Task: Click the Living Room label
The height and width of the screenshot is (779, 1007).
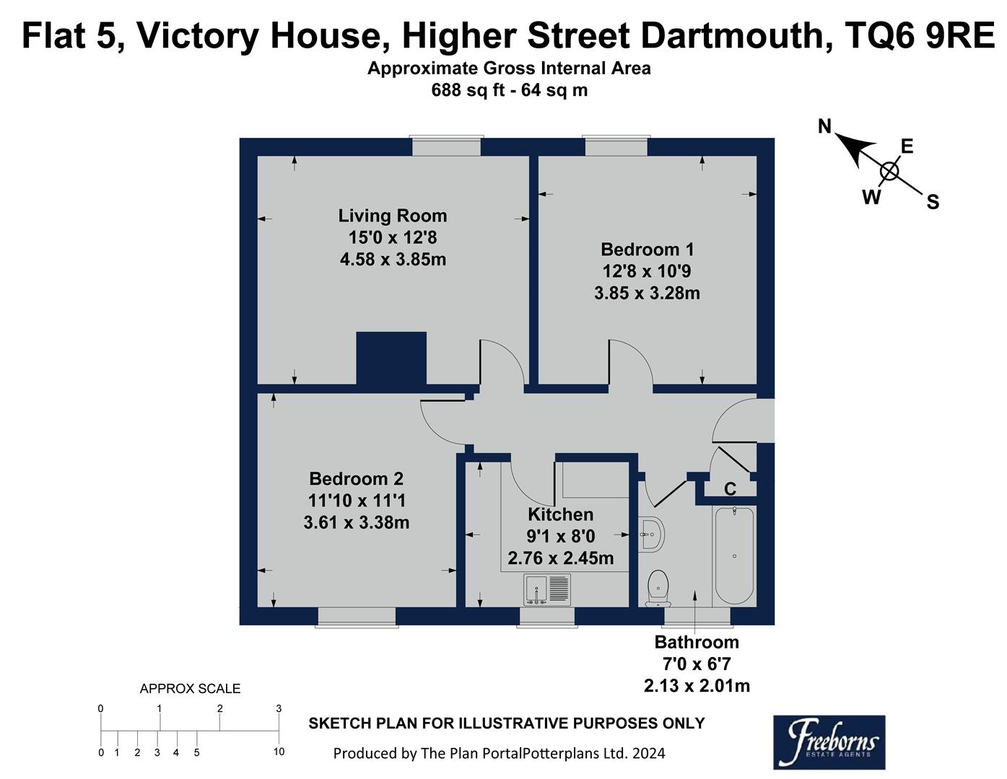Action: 393,216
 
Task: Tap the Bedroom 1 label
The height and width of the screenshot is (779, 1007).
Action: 647,250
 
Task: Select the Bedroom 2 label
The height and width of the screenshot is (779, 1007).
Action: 356,479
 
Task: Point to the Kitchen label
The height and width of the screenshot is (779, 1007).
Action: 561,514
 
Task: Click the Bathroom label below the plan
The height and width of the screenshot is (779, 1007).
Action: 697,642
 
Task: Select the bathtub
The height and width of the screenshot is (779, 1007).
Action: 733,555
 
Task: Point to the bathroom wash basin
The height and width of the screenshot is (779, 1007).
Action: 651,535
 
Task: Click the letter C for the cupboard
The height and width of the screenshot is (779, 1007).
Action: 730,490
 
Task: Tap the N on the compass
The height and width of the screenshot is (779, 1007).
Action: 825,127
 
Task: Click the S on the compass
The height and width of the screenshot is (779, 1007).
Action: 933,203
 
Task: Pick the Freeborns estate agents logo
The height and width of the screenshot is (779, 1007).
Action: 829,741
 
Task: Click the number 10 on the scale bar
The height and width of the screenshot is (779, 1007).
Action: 279,752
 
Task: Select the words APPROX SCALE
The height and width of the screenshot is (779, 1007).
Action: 190,689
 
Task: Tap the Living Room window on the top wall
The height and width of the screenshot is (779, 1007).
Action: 446,146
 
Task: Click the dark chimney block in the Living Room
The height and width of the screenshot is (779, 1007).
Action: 391,358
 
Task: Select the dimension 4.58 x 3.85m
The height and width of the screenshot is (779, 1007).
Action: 393,259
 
